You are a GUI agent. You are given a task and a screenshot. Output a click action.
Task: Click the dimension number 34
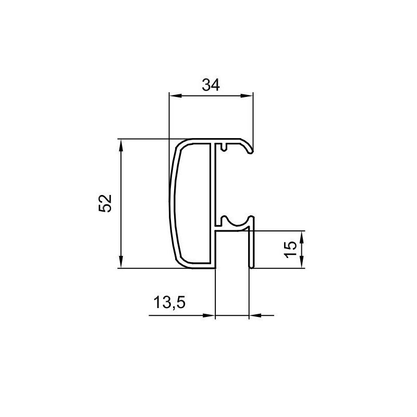(211, 85)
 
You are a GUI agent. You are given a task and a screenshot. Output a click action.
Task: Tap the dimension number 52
(105, 203)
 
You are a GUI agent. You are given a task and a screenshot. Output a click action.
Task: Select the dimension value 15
(290, 249)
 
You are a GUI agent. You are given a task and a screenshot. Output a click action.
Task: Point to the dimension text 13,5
(169, 303)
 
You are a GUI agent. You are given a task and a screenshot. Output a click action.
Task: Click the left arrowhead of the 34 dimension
(176, 96)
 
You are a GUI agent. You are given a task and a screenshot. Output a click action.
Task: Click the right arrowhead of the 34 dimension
(247, 96)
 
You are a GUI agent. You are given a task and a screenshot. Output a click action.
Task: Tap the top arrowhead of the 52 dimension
(121, 145)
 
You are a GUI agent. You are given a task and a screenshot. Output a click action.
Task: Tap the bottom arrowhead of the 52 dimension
(121, 262)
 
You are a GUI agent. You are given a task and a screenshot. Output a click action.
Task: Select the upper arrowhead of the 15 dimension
(301, 237)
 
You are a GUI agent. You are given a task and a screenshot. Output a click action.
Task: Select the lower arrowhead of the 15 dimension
(301, 262)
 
